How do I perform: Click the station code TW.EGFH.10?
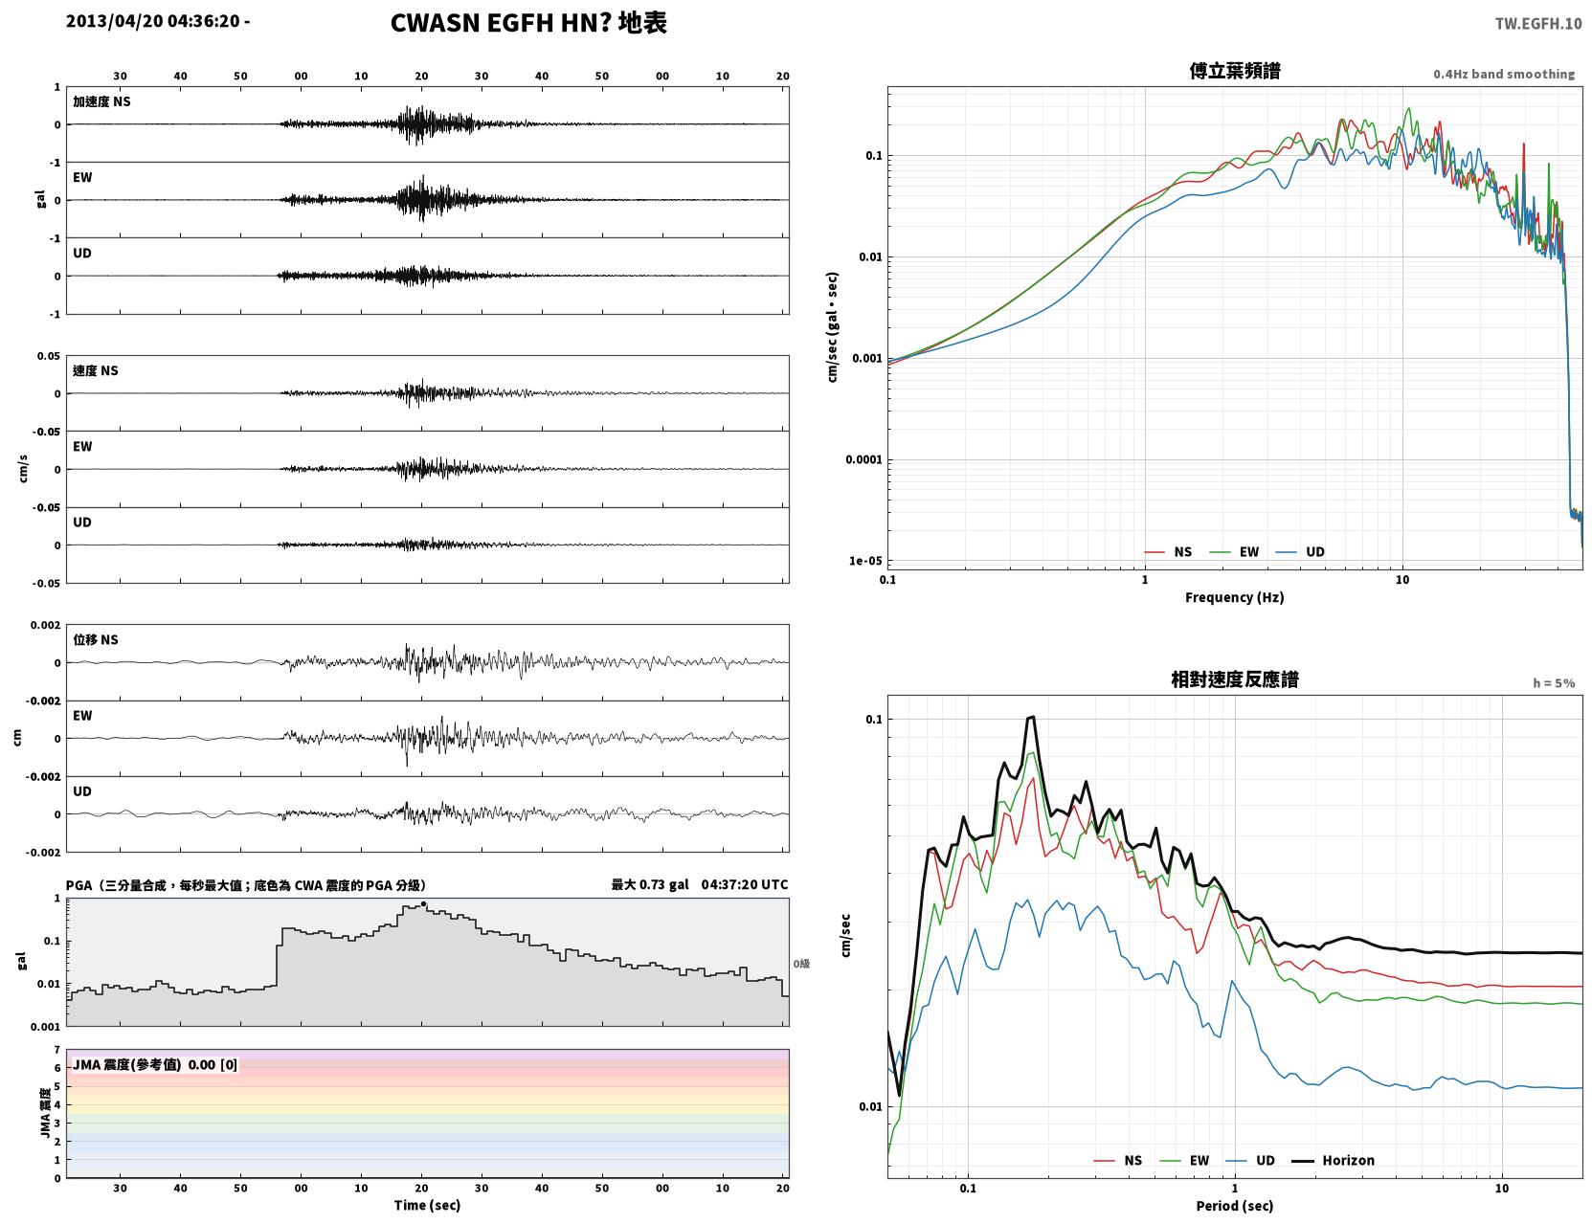click(x=1537, y=23)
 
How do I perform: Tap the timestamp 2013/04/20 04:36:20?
click(x=153, y=20)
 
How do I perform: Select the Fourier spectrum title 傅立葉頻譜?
click(x=1235, y=71)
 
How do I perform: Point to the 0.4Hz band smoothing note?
click(x=1503, y=74)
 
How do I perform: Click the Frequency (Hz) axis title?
click(x=1235, y=597)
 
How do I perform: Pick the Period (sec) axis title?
click(x=1235, y=1206)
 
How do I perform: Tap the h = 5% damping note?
click(x=1553, y=683)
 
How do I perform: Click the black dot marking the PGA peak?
click(x=423, y=904)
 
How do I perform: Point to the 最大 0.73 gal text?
click(x=650, y=884)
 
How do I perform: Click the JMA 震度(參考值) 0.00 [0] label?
click(x=154, y=1064)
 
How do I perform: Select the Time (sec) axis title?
click(x=427, y=1205)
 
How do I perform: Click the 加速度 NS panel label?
click(x=101, y=101)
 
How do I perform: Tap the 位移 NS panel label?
click(x=95, y=640)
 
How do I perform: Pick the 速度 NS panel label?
click(x=95, y=370)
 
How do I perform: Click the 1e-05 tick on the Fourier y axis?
click(x=865, y=561)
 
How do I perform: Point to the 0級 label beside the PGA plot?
click(x=801, y=964)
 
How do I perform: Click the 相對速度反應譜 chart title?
click(x=1235, y=679)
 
